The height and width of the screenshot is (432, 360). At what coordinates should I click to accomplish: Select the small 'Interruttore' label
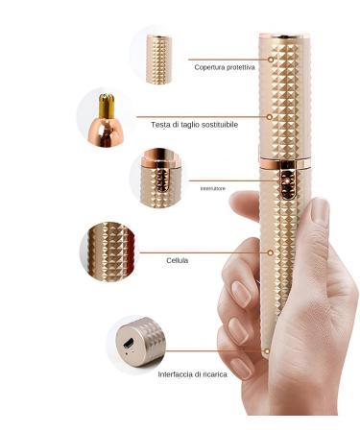point(213,188)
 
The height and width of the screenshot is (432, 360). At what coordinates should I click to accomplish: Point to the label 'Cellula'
point(178,260)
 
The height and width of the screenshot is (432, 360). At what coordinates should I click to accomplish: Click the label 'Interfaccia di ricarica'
point(192,374)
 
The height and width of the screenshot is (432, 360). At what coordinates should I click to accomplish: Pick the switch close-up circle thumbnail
point(156,177)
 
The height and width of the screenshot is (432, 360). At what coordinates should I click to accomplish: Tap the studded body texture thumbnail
point(108,250)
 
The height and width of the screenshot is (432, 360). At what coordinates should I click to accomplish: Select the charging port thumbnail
point(133,344)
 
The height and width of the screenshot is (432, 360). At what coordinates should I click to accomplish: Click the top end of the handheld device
point(284,38)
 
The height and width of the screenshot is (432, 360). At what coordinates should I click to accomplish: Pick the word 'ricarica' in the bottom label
point(212,374)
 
